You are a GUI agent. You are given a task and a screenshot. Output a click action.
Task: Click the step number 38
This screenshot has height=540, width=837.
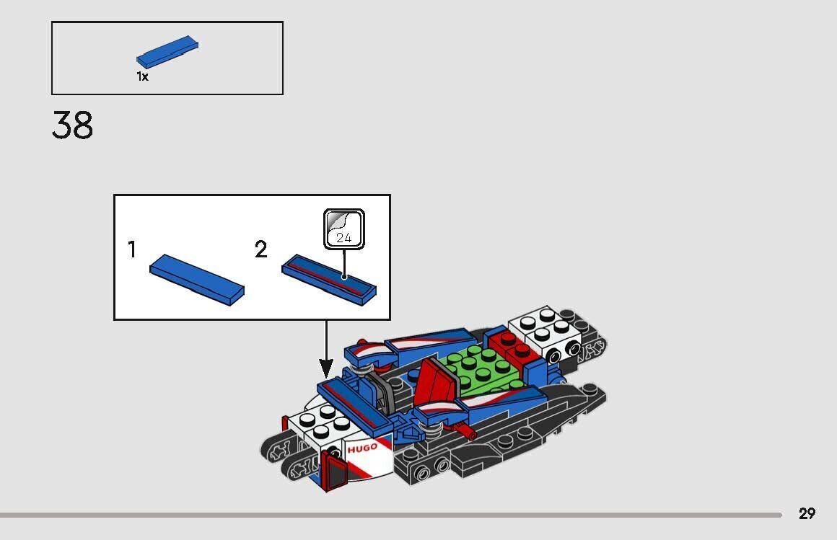click(72, 125)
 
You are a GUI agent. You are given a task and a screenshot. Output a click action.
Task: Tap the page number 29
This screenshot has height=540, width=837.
click(807, 513)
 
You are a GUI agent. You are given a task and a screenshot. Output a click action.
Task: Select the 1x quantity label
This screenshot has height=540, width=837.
click(142, 76)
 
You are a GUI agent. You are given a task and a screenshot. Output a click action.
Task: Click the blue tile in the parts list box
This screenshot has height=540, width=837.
click(167, 54)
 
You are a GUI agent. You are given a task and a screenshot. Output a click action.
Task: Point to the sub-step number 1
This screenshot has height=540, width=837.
click(132, 249)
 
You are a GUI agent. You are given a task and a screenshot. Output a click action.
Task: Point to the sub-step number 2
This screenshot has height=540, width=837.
click(260, 249)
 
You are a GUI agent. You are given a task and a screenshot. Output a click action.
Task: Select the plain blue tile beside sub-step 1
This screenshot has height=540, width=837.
click(196, 278)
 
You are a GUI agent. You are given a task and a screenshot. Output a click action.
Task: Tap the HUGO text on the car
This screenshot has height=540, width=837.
click(362, 448)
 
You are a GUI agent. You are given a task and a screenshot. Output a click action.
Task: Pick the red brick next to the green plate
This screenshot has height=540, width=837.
click(514, 347)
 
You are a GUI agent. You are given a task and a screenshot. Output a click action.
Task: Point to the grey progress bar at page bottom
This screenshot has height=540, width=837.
click(390, 515)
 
